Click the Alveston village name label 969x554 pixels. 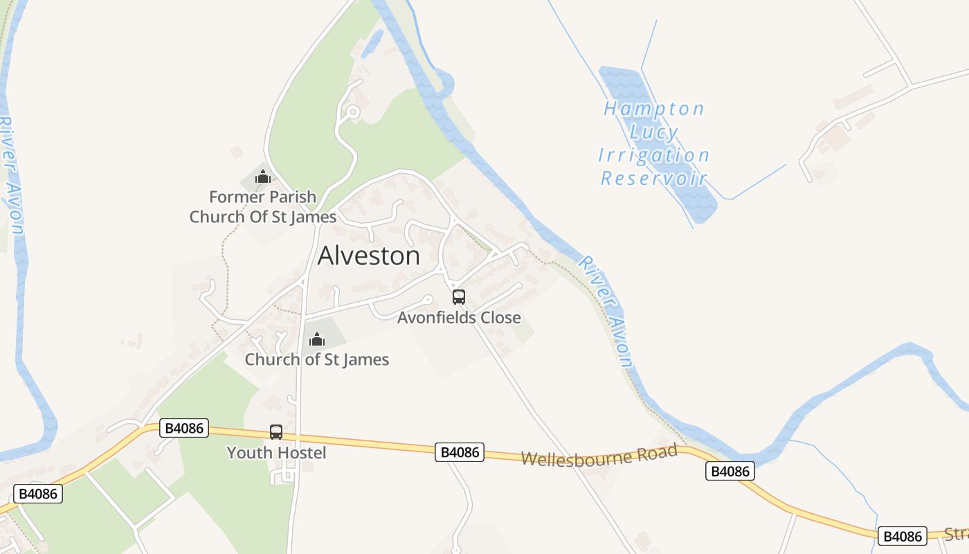pyautogui.click(x=368, y=256)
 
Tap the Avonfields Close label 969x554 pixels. pyautogui.click(x=459, y=318)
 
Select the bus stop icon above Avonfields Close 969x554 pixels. pyautogui.click(x=458, y=297)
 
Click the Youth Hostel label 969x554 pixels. pyautogui.click(x=276, y=453)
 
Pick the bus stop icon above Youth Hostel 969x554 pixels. pyautogui.click(x=276, y=432)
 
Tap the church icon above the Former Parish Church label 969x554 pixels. pyautogui.click(x=262, y=177)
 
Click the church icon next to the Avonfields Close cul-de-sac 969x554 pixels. pyautogui.click(x=317, y=339)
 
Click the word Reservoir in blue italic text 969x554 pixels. pyautogui.click(x=653, y=179)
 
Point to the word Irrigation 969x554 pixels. pyautogui.click(x=653, y=155)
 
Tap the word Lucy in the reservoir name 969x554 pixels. pyautogui.click(x=653, y=132)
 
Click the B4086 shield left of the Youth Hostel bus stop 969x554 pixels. pyautogui.click(x=185, y=428)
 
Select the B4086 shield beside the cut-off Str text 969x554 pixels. pyautogui.click(x=903, y=536)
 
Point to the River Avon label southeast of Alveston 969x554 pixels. pyautogui.click(x=606, y=312)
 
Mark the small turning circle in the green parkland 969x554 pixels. pyautogui.click(x=353, y=111)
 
